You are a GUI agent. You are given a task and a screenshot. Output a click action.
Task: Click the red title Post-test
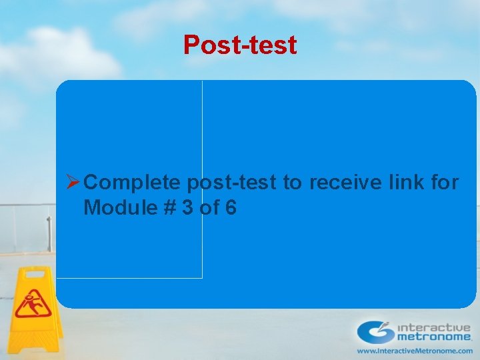click(x=240, y=45)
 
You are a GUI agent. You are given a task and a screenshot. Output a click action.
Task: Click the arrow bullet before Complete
click(x=73, y=182)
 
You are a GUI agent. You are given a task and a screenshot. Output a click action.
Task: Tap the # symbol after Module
click(x=168, y=208)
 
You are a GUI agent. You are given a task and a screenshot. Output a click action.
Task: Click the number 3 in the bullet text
click(x=187, y=208)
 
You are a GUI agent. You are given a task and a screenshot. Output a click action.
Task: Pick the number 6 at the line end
click(x=230, y=208)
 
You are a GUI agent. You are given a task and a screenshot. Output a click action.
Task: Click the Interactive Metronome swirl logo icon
click(x=375, y=331)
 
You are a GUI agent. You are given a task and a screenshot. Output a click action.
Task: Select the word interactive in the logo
click(x=434, y=327)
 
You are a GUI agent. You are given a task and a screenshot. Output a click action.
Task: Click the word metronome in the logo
click(x=434, y=338)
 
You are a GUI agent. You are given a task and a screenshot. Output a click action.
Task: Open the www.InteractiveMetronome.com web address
click(x=415, y=351)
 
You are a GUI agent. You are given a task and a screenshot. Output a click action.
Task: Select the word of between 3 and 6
click(x=209, y=208)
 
